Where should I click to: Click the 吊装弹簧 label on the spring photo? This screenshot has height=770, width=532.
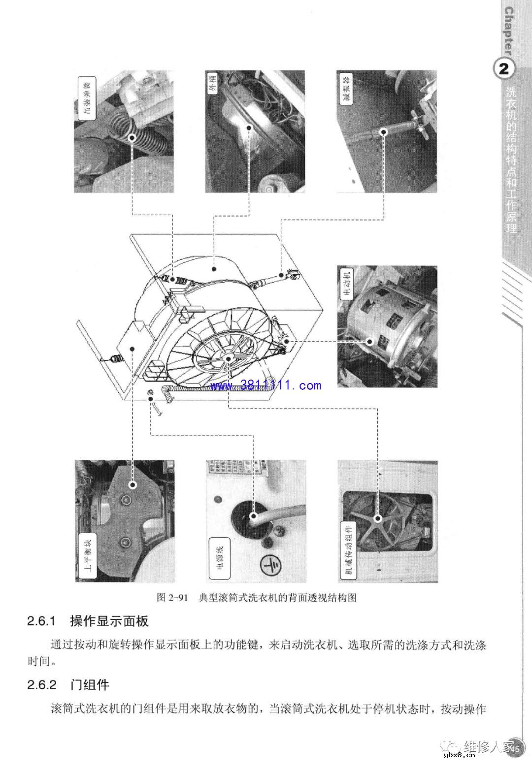87,98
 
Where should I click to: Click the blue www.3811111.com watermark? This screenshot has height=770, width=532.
266,385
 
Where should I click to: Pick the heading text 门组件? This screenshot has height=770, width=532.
90,684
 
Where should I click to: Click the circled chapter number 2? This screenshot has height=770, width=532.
504,68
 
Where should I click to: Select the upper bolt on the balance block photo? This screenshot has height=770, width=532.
132,485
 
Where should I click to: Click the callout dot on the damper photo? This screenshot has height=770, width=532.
384,131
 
